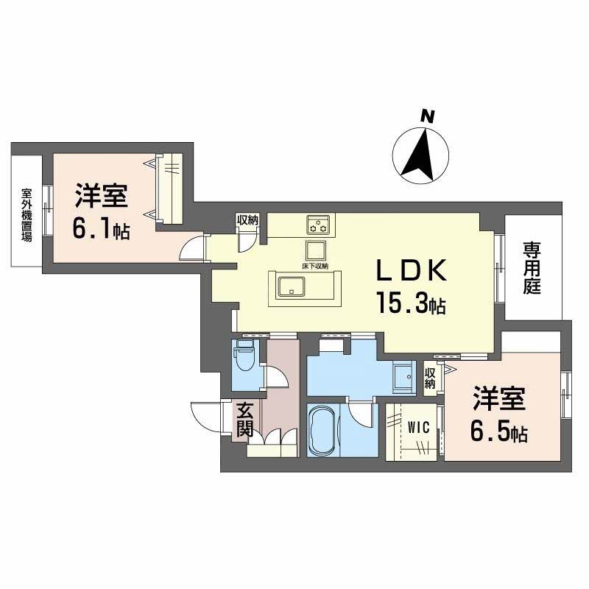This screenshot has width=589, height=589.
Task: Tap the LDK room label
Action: [412, 272]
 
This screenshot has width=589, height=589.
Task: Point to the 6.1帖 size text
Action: [101, 230]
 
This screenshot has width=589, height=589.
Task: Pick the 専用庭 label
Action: [532, 269]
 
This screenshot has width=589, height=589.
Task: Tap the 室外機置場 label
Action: [27, 216]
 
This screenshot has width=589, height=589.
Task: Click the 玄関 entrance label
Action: [245, 419]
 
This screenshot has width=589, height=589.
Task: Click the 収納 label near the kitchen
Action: [247, 219]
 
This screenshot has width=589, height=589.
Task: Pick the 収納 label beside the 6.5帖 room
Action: [431, 378]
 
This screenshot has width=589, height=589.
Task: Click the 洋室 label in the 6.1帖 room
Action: [101, 198]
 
